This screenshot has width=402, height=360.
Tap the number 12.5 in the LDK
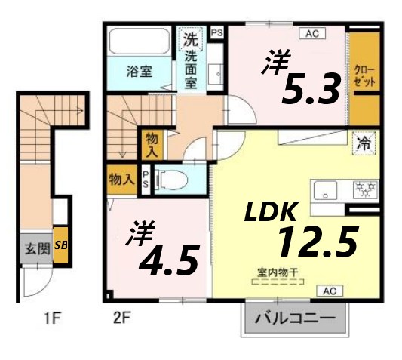point(316,242)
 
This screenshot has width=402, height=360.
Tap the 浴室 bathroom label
point(139,72)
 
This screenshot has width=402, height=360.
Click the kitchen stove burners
point(367,186)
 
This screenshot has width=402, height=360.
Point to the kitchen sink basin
point(327,189)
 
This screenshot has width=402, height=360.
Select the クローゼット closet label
point(364,75)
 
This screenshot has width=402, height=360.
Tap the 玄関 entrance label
point(34,247)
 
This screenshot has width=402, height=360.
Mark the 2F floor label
point(122,316)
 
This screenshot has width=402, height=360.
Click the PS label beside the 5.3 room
point(217,32)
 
